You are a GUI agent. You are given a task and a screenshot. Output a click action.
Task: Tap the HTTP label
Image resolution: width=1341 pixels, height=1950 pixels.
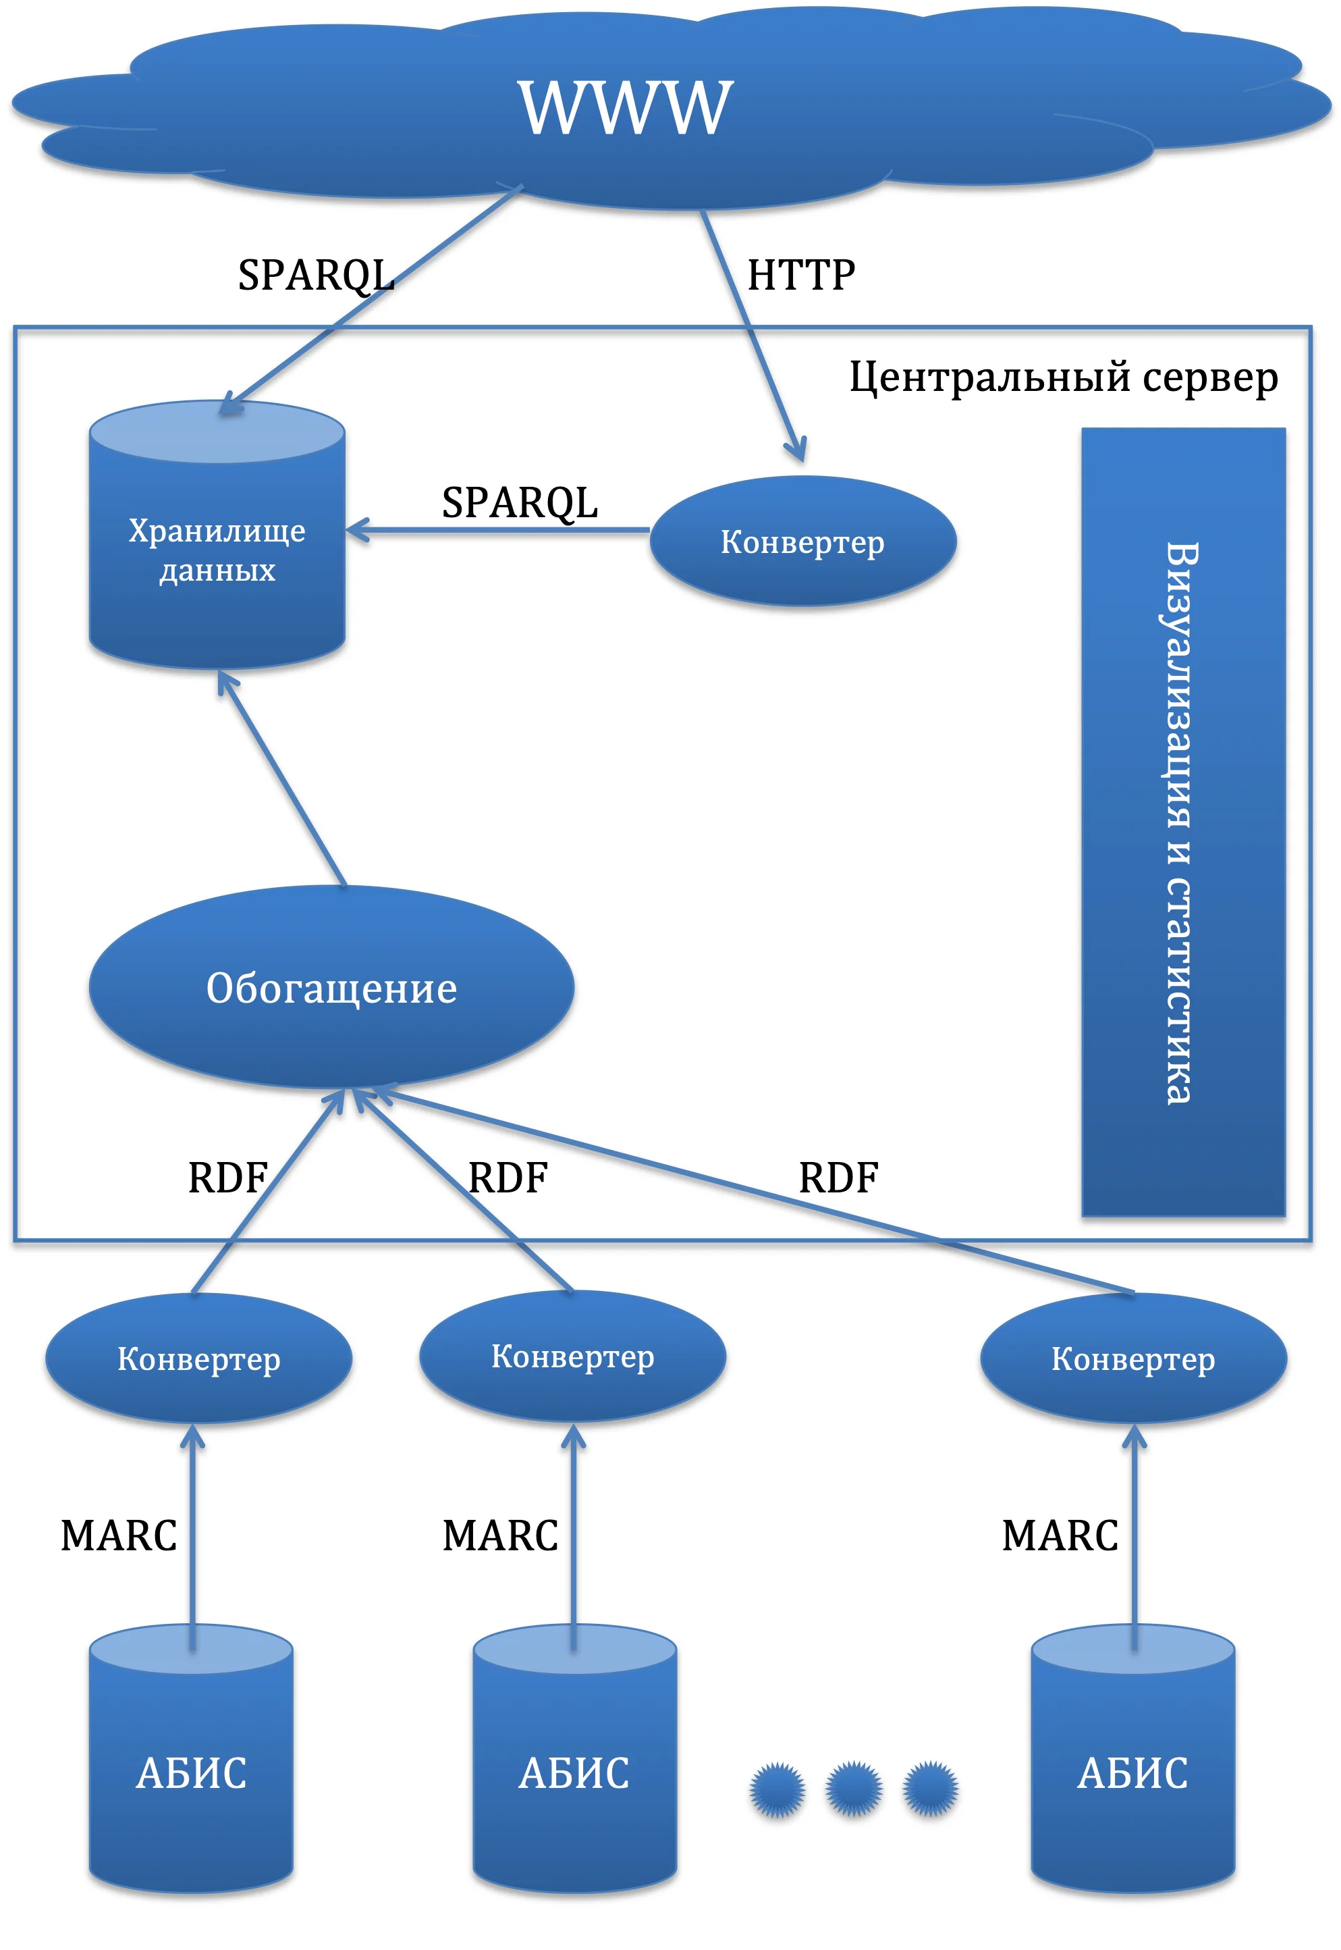(800, 275)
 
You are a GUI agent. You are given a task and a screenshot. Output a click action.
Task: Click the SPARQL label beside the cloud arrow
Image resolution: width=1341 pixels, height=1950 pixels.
(316, 275)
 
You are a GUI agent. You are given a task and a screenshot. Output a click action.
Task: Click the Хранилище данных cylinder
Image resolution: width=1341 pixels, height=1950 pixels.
(217, 550)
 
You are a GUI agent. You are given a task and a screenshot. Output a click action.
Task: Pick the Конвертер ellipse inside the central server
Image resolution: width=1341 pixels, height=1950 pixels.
(802, 542)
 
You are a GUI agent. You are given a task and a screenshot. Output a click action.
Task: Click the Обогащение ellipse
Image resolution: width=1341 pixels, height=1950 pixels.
(331, 988)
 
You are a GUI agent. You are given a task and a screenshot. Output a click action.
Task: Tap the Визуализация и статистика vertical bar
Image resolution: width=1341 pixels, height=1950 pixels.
(1182, 822)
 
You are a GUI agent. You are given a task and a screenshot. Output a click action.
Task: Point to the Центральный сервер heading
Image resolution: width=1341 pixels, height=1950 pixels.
(1063, 377)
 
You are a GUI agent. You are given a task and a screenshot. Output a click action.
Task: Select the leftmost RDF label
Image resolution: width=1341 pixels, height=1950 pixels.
(227, 1178)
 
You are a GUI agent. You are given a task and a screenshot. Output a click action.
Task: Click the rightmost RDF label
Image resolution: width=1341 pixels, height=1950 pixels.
(838, 1178)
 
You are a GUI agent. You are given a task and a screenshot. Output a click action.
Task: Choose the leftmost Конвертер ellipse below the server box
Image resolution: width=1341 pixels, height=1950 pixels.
(198, 1359)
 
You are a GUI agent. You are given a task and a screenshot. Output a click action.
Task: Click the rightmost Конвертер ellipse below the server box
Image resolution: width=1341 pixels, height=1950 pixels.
(1132, 1359)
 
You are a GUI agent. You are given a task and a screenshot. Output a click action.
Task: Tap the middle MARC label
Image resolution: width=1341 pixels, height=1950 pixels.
(500, 1535)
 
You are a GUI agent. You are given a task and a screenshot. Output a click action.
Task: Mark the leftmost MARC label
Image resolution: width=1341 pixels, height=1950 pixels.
(119, 1535)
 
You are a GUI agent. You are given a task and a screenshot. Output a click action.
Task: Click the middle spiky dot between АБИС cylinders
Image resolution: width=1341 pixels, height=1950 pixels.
(853, 1789)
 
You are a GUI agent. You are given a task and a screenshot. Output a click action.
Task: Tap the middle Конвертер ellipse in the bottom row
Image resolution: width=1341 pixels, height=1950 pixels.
(572, 1356)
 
